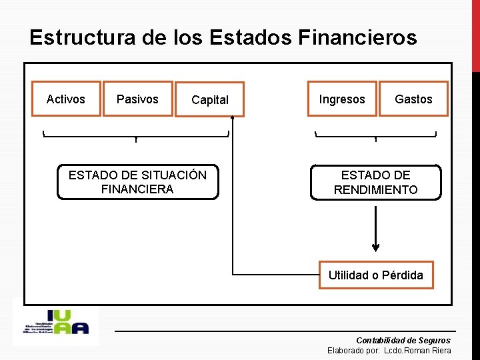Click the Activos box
(66, 99)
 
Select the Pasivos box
(137, 99)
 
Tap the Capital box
(209, 99)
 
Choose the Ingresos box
(342, 99)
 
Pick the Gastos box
(413, 99)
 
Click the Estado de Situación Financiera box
(137, 182)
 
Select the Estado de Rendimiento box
(375, 182)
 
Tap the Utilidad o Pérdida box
(375, 275)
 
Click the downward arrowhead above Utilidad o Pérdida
(375, 247)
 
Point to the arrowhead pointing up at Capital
(233, 119)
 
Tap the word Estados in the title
(250, 37)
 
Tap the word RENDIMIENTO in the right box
(375, 190)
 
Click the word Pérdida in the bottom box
(402, 275)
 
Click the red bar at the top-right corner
(475, 33)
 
